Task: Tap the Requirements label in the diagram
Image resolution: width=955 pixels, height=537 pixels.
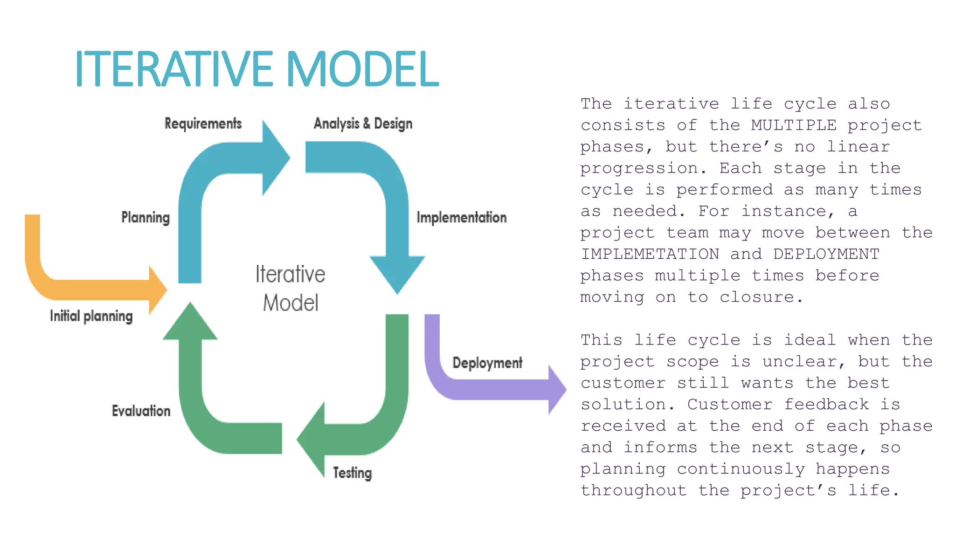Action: pos(203,124)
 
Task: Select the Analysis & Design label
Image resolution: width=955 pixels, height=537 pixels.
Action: pos(363,124)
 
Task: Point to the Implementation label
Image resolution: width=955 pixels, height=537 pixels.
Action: pos(461,217)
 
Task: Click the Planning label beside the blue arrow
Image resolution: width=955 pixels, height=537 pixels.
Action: pos(145,217)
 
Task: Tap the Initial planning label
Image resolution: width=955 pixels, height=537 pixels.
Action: pos(91,316)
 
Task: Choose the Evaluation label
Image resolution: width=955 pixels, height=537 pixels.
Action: pos(141,411)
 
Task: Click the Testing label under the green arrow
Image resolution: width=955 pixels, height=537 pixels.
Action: pos(352,473)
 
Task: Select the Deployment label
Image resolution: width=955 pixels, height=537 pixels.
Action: pos(487,363)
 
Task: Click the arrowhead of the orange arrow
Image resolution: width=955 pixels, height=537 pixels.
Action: pos(157,290)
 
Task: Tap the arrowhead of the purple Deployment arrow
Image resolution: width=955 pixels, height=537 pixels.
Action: pos(556,390)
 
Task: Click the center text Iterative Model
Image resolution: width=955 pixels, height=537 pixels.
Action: pos(290,288)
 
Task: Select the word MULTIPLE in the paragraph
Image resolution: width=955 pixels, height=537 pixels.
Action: pos(794,125)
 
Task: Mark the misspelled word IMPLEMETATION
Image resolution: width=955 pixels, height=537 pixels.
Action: pos(650,254)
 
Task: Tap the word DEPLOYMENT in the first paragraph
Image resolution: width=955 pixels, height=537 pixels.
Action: pos(826,254)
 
